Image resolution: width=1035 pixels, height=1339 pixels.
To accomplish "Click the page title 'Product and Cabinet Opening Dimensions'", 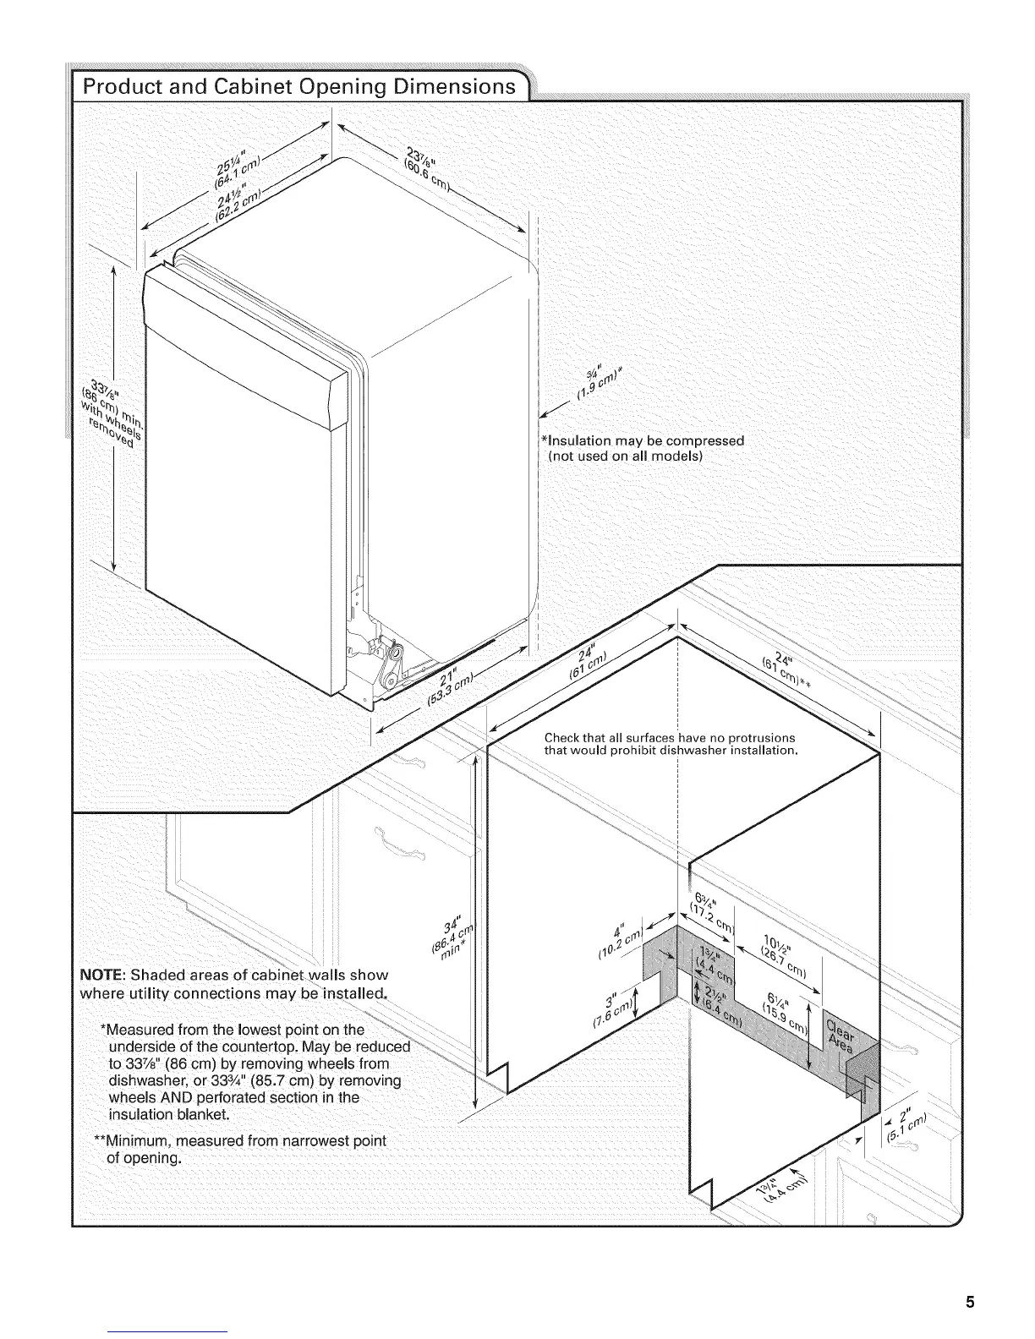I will click(297, 87).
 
